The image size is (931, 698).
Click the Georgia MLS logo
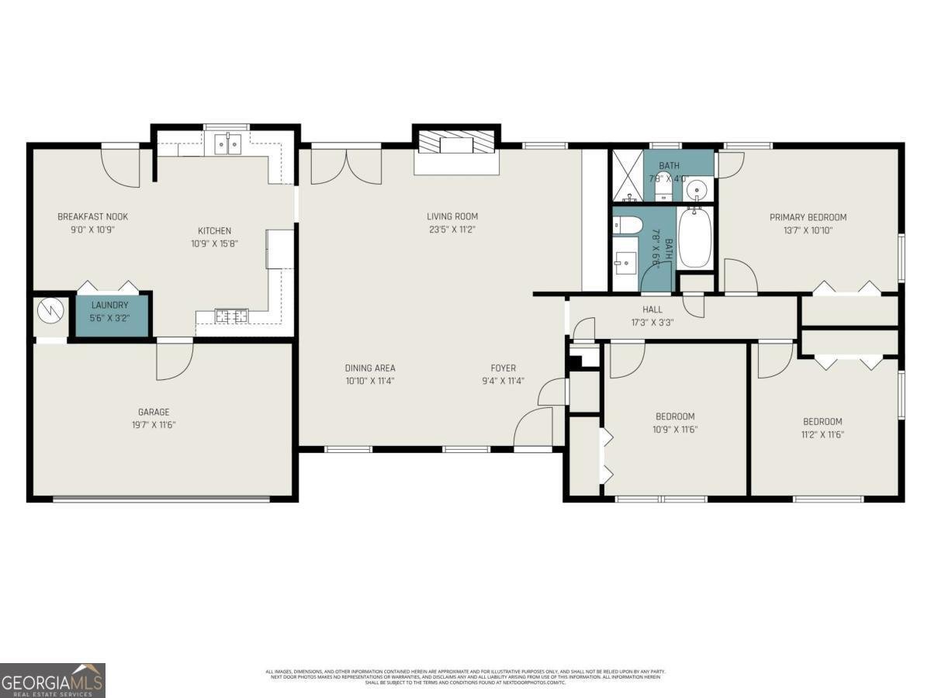click(x=52, y=680)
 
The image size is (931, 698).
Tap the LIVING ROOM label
click(x=452, y=217)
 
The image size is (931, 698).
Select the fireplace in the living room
click(x=455, y=145)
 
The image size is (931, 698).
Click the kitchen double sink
click(x=228, y=143)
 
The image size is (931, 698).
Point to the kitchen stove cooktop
click(x=231, y=316)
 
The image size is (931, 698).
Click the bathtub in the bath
click(x=695, y=237)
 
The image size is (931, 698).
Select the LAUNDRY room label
click(x=109, y=306)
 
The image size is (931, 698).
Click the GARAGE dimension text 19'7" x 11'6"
click(x=153, y=425)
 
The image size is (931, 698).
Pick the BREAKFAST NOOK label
click(x=92, y=217)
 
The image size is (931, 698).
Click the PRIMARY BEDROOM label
click(x=808, y=218)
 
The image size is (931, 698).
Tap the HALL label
click(x=652, y=309)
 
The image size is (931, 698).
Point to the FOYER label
click(x=503, y=368)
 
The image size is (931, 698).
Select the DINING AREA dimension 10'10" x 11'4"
click(x=370, y=381)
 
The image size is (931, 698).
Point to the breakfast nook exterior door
click(x=121, y=166)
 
